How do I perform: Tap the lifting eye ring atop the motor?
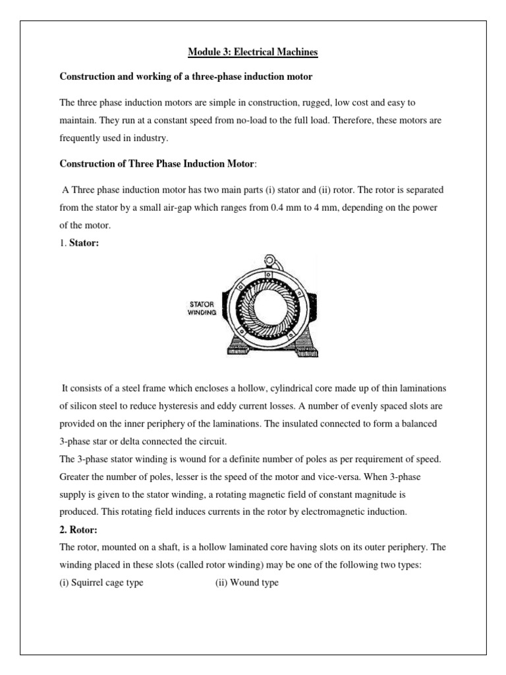(x=269, y=262)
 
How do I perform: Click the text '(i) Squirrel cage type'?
(x=101, y=583)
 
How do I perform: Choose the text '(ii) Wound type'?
(x=246, y=583)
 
